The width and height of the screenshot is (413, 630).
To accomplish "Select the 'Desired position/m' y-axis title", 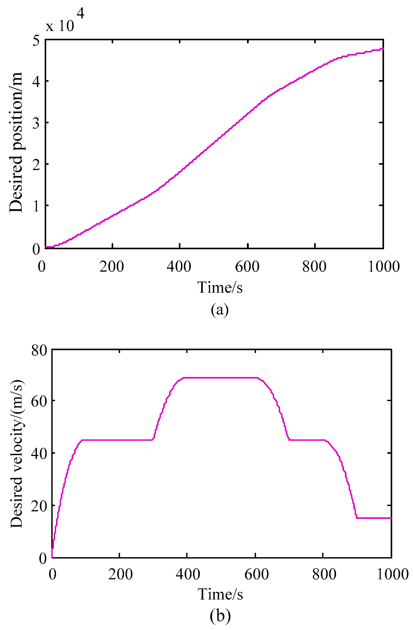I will (x=16, y=142).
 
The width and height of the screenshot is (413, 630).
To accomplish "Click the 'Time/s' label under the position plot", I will (x=220, y=287).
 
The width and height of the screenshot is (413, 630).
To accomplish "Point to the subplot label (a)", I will (x=220, y=309).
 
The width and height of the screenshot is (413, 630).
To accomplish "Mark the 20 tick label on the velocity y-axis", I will (x=39, y=505).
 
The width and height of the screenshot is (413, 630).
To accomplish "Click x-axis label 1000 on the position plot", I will (x=384, y=266).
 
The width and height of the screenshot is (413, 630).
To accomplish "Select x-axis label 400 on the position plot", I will (x=179, y=266).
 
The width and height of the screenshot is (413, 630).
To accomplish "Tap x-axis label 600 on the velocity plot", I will (x=256, y=574).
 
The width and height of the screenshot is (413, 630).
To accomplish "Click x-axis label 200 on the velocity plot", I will (x=120, y=574).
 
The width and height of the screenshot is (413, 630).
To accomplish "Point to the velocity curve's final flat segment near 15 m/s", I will (x=374, y=518).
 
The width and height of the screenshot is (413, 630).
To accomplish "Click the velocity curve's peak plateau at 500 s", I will (x=221, y=378).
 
